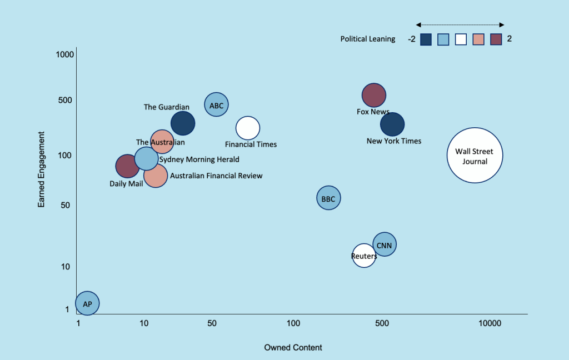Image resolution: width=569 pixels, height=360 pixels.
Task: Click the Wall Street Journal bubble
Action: pos(475,156)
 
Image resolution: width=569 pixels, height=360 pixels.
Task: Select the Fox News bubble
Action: pos(373,95)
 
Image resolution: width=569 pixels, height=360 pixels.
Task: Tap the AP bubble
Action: pos(87,303)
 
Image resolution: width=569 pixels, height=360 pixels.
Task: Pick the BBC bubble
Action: pos(328,198)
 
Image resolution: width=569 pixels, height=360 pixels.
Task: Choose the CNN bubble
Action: pos(384,244)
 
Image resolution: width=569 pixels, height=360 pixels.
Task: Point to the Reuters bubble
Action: pos(364,256)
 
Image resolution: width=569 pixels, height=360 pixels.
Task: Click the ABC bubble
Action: pos(217,104)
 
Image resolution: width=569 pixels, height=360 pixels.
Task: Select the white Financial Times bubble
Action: pos(248,128)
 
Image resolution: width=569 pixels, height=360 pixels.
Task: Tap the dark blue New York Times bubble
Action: pos(392,124)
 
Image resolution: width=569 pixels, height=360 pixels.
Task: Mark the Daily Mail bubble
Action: pos(127,166)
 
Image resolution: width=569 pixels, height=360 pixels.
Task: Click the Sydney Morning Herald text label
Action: pos(199,159)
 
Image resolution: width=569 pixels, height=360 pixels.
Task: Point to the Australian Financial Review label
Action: pos(216,176)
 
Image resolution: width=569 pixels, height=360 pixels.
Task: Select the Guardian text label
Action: pos(166,107)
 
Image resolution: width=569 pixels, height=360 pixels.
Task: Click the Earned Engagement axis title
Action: pos(42,169)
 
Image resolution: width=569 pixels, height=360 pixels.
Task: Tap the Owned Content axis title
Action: pos(293,348)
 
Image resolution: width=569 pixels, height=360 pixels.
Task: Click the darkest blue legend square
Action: pos(426,39)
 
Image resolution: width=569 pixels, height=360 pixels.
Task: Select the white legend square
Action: pos(461,39)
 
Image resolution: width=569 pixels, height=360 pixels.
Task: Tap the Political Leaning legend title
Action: pos(368,39)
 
